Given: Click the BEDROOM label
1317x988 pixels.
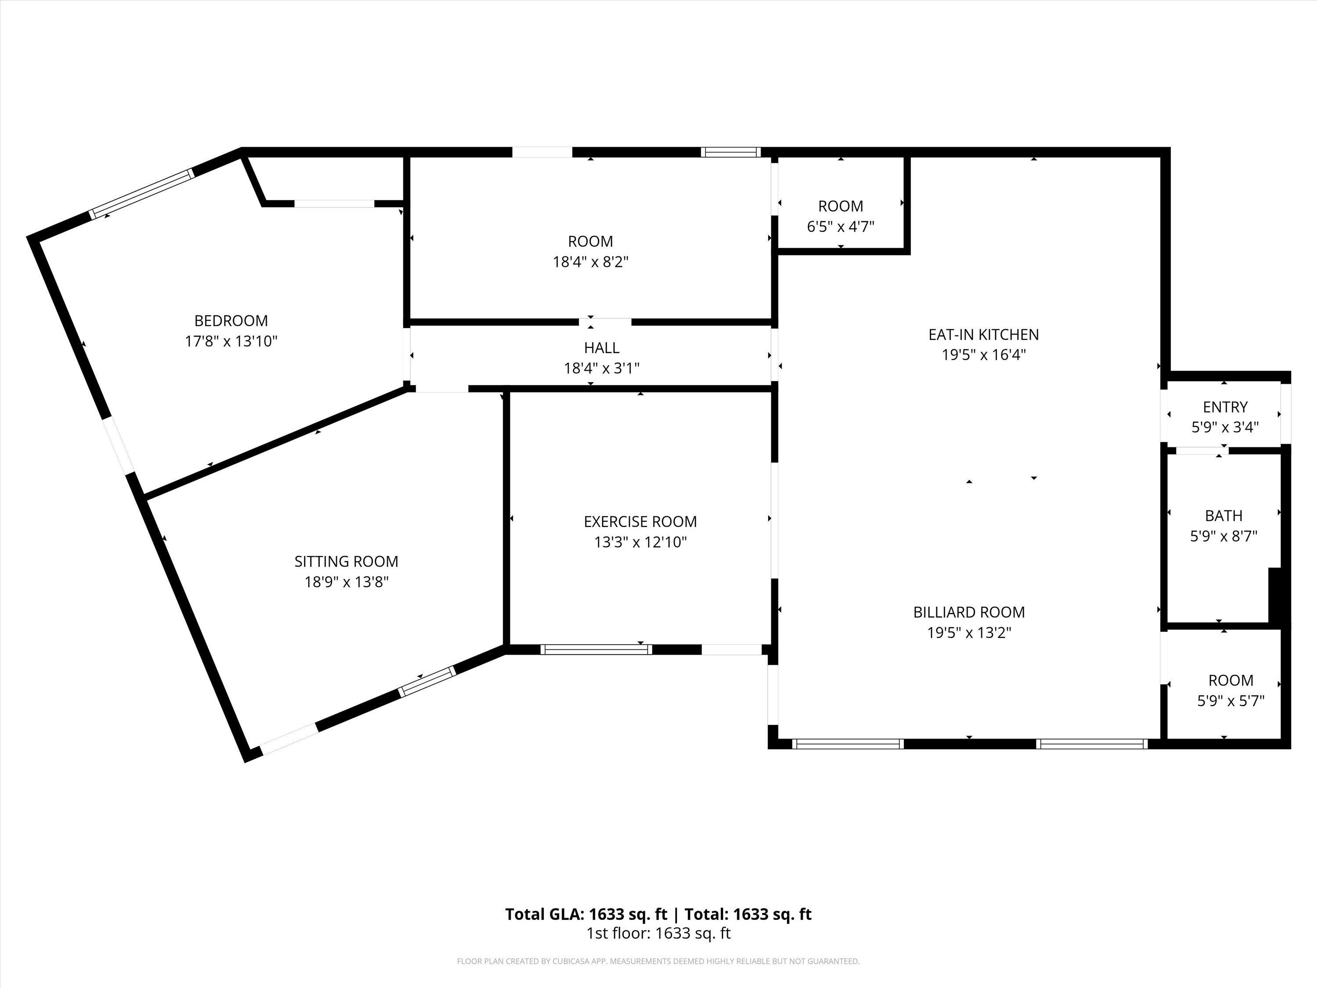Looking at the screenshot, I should [x=231, y=321].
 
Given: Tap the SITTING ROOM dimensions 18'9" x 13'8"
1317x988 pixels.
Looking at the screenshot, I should [x=346, y=582].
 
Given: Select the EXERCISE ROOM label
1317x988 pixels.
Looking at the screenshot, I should [x=640, y=522].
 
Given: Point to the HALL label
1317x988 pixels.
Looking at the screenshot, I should [x=601, y=348].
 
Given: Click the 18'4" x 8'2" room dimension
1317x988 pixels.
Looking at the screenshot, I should [x=590, y=262].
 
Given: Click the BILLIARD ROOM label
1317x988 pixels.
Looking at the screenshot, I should [x=969, y=612].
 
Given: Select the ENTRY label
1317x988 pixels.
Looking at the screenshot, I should [x=1225, y=407].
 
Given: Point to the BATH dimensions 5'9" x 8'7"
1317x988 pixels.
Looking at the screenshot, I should [x=1223, y=537].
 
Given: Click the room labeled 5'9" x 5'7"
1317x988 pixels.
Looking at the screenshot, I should [x=1230, y=690].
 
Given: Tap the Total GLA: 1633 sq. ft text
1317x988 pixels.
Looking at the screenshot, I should [x=586, y=914].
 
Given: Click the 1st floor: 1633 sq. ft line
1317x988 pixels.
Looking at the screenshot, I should [x=658, y=933].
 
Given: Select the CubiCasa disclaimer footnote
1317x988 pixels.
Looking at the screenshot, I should [x=658, y=961].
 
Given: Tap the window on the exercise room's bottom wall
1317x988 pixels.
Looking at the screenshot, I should [x=596, y=650].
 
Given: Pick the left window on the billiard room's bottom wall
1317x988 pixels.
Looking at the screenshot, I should [x=848, y=744].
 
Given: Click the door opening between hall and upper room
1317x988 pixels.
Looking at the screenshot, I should [x=605, y=322].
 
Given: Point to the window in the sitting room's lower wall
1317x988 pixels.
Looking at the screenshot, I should [x=427, y=682].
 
